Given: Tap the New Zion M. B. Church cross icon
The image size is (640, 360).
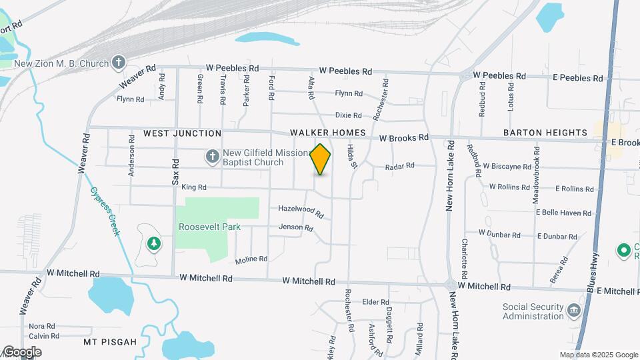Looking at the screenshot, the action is pos(119,63).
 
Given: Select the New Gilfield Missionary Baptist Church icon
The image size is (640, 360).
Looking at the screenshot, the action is pos(212,157).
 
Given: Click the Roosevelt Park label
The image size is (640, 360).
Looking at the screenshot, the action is pos(209,227).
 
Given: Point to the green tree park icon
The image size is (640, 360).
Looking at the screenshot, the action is pos(154,243).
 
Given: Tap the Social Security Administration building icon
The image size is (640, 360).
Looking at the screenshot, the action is pos(573,311).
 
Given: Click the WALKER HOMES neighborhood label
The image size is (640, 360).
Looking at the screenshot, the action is pos(327,133).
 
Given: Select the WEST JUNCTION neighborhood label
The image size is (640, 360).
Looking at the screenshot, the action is pos(182,133).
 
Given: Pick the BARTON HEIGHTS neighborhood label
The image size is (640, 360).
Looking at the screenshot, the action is pos(545,133).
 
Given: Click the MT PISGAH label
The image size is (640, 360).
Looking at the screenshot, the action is pos(110,342).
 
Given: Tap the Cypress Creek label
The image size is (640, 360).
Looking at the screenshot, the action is pos(105,210).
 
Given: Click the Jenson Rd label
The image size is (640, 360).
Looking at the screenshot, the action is pos(295,227).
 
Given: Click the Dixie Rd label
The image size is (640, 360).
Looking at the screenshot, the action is pos(348,115).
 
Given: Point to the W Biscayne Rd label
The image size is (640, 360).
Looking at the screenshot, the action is pos(507,166).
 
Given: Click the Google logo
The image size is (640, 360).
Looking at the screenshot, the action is pos(22,351).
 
